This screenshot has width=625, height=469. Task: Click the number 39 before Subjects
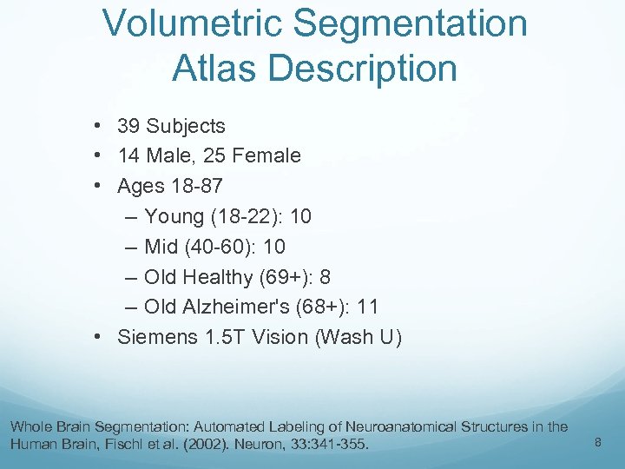tap(128, 126)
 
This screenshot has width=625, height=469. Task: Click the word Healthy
tap(217, 277)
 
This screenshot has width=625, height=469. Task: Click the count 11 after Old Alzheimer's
tap(368, 307)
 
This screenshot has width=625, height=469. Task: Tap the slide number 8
tap(597, 443)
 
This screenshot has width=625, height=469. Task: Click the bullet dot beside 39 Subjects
tap(102, 126)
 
